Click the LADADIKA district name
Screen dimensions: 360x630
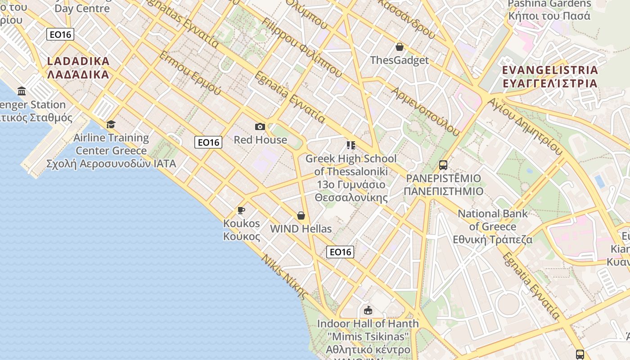point(78,67)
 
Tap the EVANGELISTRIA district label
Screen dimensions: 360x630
point(550,76)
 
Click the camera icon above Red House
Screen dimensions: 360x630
point(260,127)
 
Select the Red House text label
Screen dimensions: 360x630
point(260,140)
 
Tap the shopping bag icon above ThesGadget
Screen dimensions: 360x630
point(399,47)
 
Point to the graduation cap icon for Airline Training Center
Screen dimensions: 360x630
point(111,125)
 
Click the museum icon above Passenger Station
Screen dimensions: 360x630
point(22,92)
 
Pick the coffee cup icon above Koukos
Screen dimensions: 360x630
point(241,210)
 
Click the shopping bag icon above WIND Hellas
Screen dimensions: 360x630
point(301,216)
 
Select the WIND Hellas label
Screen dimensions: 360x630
point(301,229)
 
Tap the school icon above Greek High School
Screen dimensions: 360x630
point(351,145)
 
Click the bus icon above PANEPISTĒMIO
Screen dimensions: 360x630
point(443,165)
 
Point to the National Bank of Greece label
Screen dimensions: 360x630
point(493,226)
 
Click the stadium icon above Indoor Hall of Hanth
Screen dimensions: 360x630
point(368,310)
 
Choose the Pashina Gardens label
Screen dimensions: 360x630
point(549,10)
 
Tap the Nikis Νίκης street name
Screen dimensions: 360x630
point(285,277)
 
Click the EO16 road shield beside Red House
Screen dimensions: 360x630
point(208,143)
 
